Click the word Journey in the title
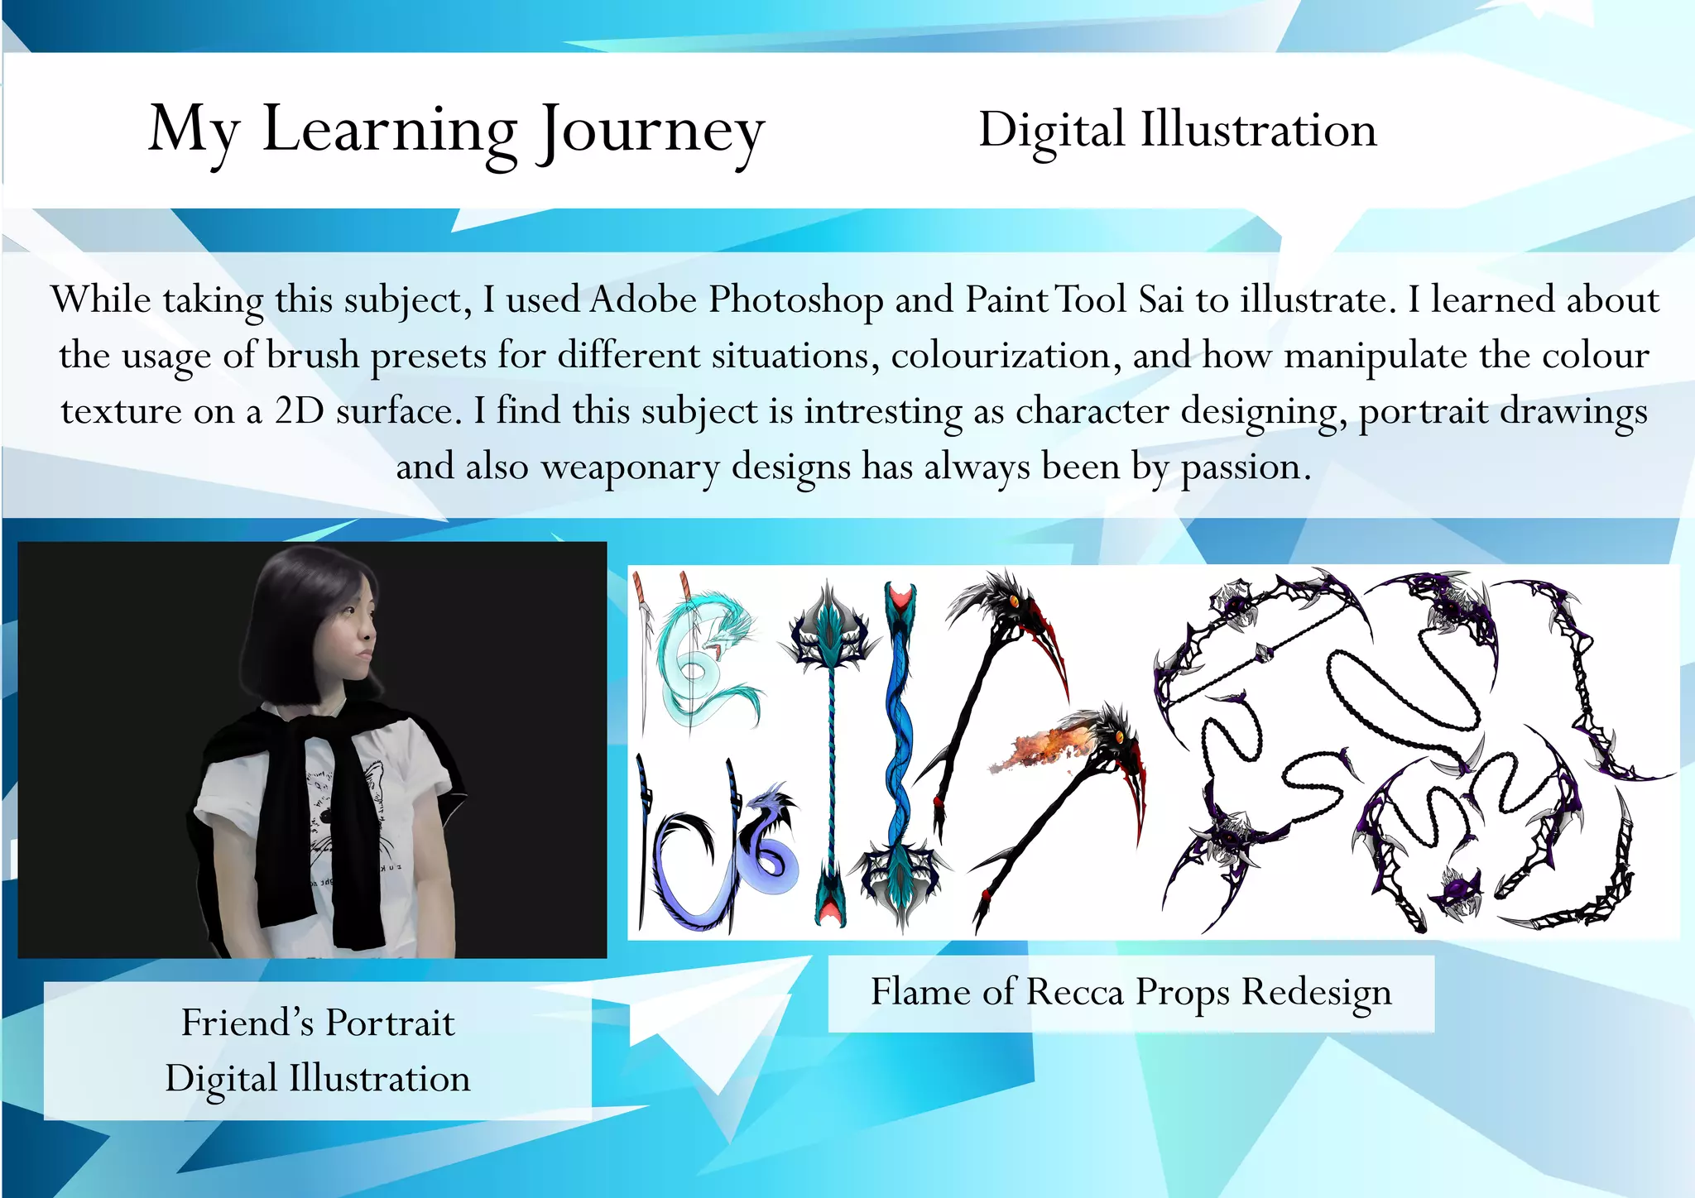(x=651, y=131)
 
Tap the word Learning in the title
(x=390, y=131)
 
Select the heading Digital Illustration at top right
(x=1177, y=130)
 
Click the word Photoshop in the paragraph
(x=796, y=299)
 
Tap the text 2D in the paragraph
(x=300, y=411)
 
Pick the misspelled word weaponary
(x=630, y=467)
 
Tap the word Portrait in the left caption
(x=389, y=1023)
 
